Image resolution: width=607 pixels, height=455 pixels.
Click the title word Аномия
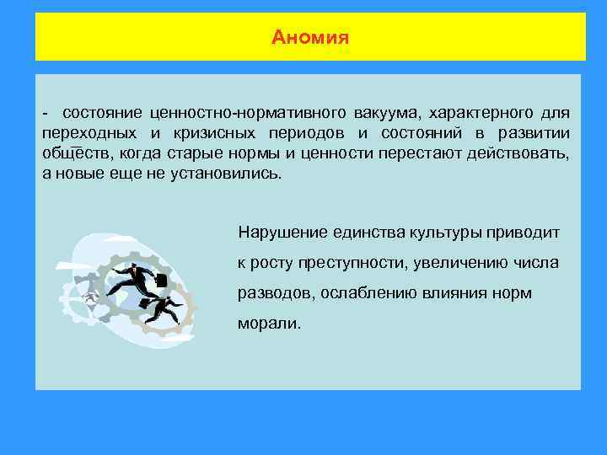(x=310, y=38)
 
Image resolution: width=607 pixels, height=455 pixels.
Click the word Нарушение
(x=277, y=231)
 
